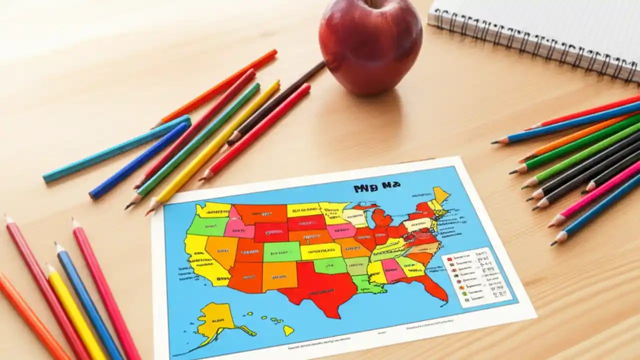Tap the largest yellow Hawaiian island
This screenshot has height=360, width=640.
[x=288, y=330]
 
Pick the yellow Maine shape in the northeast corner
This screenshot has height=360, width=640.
[x=440, y=194]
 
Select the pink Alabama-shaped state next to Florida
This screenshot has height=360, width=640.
[x=392, y=270]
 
